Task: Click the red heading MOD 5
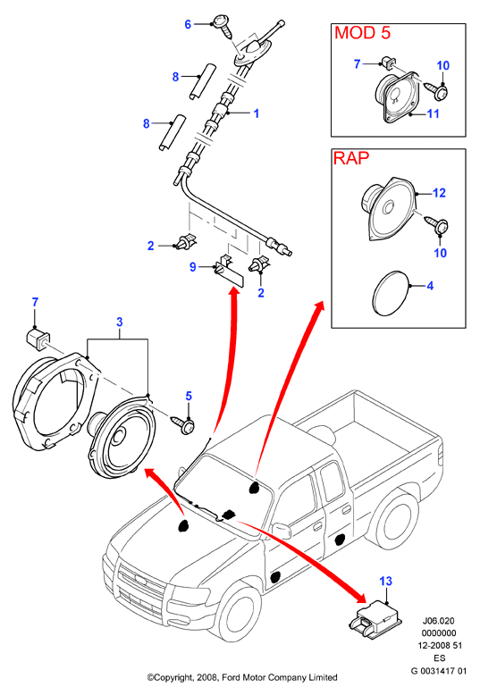tap(362, 33)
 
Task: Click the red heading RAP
tap(351, 158)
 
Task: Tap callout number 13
tap(386, 581)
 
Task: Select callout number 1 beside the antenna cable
tap(256, 113)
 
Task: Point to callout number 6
tap(188, 24)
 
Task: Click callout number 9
tap(192, 267)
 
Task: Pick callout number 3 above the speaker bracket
tap(120, 322)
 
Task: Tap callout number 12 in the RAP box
tap(439, 193)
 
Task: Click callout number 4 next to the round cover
tap(430, 286)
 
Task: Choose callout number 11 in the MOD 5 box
tap(433, 114)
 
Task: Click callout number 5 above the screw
tap(189, 396)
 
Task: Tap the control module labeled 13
tap(376, 618)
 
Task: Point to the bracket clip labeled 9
tap(230, 271)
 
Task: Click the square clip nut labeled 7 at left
tap(37, 339)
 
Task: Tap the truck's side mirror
tap(281, 530)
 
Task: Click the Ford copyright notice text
tap(242, 677)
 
